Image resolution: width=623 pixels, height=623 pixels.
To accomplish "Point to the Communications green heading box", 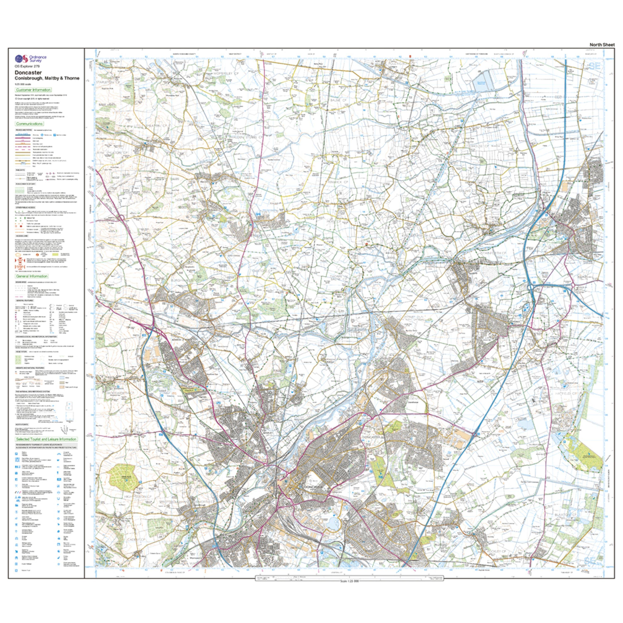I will click(x=29, y=124).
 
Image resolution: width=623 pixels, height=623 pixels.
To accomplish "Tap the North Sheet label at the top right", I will click(x=602, y=45).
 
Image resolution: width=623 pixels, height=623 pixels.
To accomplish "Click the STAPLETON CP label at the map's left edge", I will click(x=106, y=83).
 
